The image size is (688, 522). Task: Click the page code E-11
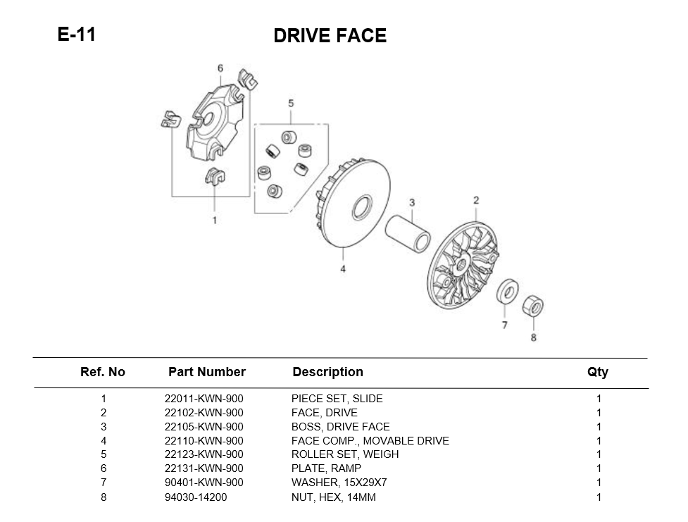click(76, 35)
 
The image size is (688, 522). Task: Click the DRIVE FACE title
click(330, 36)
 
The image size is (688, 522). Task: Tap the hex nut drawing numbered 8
click(532, 306)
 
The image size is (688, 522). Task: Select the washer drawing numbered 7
click(506, 290)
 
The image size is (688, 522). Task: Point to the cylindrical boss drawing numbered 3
click(407, 230)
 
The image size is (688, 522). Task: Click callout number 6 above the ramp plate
click(220, 68)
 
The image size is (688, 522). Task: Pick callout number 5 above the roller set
click(291, 104)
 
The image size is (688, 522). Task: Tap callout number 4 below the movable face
click(343, 269)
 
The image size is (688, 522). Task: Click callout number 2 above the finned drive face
click(476, 200)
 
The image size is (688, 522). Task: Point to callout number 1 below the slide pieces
click(215, 220)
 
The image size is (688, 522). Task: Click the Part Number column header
click(207, 372)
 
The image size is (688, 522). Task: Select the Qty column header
click(598, 372)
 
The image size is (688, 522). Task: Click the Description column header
click(327, 372)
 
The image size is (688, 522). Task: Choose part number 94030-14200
click(196, 497)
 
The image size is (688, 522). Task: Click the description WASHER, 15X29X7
click(339, 483)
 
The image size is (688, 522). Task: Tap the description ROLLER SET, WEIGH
click(344, 455)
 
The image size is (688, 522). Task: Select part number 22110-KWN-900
click(204, 441)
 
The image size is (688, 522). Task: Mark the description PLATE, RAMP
click(326, 469)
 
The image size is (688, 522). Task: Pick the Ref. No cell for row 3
click(104, 427)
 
